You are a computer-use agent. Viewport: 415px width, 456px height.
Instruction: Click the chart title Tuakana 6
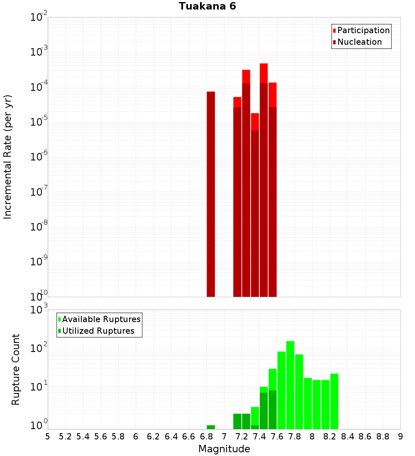click(x=207, y=7)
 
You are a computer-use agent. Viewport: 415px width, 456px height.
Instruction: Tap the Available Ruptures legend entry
click(x=101, y=319)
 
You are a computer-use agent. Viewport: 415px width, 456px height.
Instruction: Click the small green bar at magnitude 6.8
click(x=211, y=427)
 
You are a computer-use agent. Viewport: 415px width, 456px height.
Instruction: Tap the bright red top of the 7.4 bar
click(x=264, y=73)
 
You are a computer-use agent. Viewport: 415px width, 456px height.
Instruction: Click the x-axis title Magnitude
click(x=224, y=449)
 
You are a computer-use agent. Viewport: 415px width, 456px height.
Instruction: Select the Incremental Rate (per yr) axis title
click(x=8, y=157)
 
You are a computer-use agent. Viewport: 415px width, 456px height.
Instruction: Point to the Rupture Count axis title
click(x=16, y=369)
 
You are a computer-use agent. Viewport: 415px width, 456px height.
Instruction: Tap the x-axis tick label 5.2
click(x=66, y=436)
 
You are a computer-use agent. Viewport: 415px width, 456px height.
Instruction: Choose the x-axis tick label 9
click(x=400, y=436)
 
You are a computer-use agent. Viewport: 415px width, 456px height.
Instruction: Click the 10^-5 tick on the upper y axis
click(x=38, y=122)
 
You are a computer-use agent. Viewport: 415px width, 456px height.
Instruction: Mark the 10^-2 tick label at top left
click(x=38, y=17)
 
